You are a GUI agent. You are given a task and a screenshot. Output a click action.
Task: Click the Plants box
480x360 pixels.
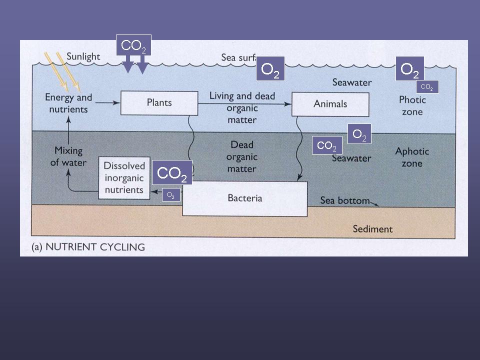(x=159, y=102)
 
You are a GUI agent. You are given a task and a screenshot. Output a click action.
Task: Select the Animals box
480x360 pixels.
(x=330, y=104)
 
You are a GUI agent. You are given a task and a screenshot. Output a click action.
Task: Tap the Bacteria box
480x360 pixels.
(x=245, y=198)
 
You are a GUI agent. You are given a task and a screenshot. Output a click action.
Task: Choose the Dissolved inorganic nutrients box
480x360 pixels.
(x=124, y=178)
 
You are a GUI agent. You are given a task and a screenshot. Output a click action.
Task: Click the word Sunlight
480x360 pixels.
(x=83, y=56)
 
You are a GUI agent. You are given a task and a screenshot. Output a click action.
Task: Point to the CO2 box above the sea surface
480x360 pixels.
(x=133, y=46)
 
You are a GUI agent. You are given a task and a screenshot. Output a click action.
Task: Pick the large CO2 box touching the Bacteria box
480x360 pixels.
(x=172, y=173)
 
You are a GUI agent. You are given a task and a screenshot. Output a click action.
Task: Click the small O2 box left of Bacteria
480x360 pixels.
(x=170, y=194)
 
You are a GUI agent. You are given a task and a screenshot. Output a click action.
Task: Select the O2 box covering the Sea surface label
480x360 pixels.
(x=270, y=69)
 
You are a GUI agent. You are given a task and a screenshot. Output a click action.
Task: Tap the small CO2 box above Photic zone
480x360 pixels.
(x=427, y=87)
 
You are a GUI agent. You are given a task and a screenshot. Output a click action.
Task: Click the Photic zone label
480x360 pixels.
(x=412, y=105)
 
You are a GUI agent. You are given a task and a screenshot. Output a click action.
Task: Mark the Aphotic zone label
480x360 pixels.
(x=412, y=157)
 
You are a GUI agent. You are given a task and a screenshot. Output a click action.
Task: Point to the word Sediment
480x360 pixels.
(x=372, y=229)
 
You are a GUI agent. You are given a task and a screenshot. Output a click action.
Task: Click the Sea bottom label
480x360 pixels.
(x=344, y=201)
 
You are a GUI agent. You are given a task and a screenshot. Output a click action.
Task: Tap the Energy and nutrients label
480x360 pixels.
(x=68, y=103)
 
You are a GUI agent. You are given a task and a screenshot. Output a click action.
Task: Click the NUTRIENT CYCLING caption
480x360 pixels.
(x=88, y=246)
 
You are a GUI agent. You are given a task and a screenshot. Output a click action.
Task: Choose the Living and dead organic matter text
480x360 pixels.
(x=242, y=107)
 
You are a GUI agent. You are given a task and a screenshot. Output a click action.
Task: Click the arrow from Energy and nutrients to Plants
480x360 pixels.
(x=107, y=103)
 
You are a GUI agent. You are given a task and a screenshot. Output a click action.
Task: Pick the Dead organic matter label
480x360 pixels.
(x=242, y=156)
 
